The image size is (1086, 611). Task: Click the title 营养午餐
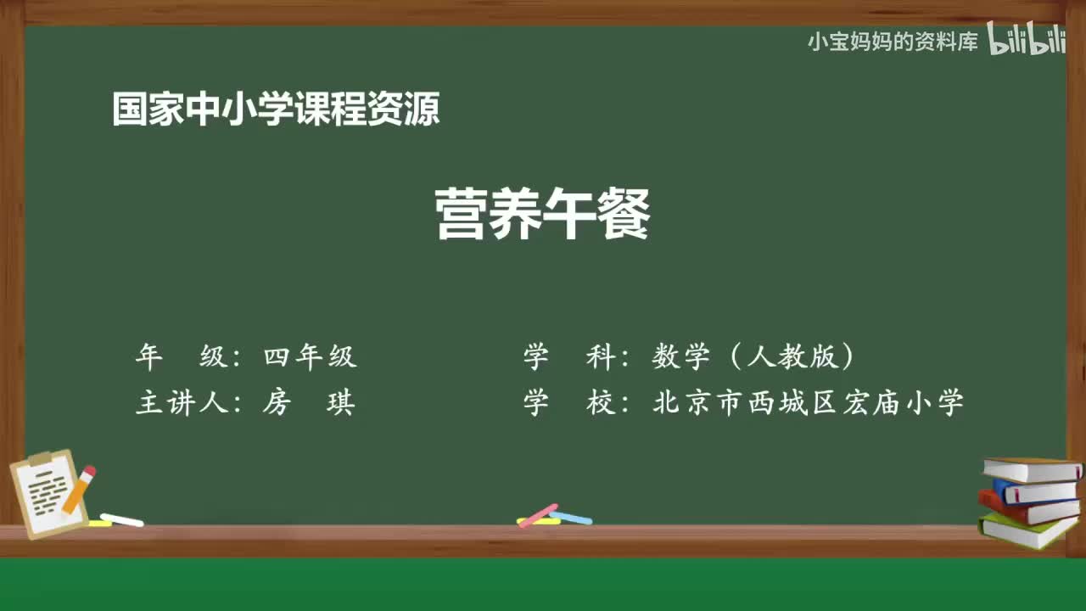coord(543,214)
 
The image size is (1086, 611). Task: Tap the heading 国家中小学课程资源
coord(276,109)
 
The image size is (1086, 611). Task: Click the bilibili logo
coord(1026,40)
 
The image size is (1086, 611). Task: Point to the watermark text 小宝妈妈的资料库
coord(893,42)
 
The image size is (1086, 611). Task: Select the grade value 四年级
coord(310,357)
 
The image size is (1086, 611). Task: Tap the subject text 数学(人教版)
coord(753,357)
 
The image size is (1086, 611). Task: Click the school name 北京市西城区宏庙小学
coord(808,402)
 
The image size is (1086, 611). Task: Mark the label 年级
coord(181,357)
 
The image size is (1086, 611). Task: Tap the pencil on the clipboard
coord(79,489)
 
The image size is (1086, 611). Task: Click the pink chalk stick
coord(538,515)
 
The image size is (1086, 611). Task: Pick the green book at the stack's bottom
coord(1027,531)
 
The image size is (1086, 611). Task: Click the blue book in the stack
coord(1035,491)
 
